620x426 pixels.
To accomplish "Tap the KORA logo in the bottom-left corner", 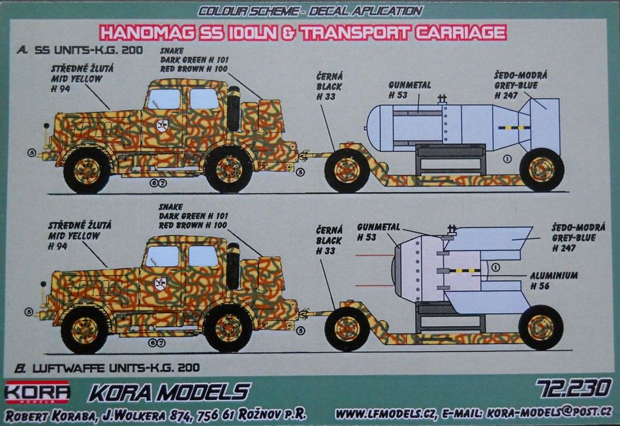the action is (37, 391).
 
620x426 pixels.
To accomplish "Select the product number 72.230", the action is (574, 388).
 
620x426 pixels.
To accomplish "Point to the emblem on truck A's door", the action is (161, 125).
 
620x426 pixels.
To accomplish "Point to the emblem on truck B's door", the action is (160, 282).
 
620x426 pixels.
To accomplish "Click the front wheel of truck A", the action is (87, 171).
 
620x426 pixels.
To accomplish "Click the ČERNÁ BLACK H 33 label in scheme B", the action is (328, 241).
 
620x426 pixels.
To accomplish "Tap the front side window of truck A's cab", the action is (163, 99).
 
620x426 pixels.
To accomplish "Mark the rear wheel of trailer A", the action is (541, 169).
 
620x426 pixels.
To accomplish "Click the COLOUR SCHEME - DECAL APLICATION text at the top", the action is (310, 10).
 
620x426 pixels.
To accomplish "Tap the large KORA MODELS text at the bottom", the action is (169, 392).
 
